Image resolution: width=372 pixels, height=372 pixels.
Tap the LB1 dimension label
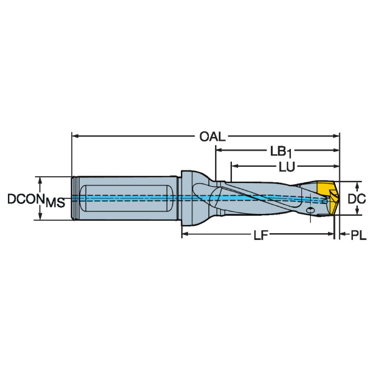(x=282, y=151)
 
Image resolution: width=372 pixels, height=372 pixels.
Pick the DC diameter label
(x=356, y=198)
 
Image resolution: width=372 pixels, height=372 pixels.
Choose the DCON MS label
(x=35, y=200)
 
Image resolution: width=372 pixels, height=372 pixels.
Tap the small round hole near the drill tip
(x=309, y=211)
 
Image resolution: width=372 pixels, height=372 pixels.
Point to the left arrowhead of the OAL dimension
(x=76, y=135)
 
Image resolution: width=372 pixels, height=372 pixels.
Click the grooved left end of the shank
(x=76, y=198)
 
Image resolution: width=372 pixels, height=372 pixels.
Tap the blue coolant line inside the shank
(x=124, y=198)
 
